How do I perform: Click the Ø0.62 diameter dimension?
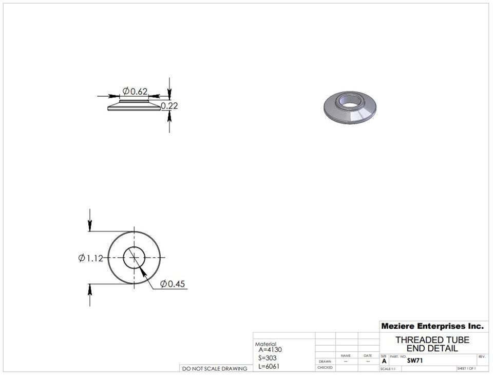[135, 92]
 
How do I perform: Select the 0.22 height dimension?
[169, 106]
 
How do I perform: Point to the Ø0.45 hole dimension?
[173, 284]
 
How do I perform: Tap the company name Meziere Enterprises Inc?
[432, 326]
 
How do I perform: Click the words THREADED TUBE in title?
[432, 340]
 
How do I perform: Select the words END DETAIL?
[432, 348]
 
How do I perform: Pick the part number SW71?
[414, 361]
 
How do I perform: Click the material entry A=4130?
[270, 350]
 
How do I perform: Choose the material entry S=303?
[268, 358]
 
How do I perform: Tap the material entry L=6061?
[269, 366]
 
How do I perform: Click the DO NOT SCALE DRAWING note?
[215, 368]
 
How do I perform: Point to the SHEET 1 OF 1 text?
[465, 369]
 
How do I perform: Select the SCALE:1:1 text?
[388, 369]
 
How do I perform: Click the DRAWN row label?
[325, 362]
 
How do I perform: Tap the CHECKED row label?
[325, 368]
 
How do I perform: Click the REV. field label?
[482, 356]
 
